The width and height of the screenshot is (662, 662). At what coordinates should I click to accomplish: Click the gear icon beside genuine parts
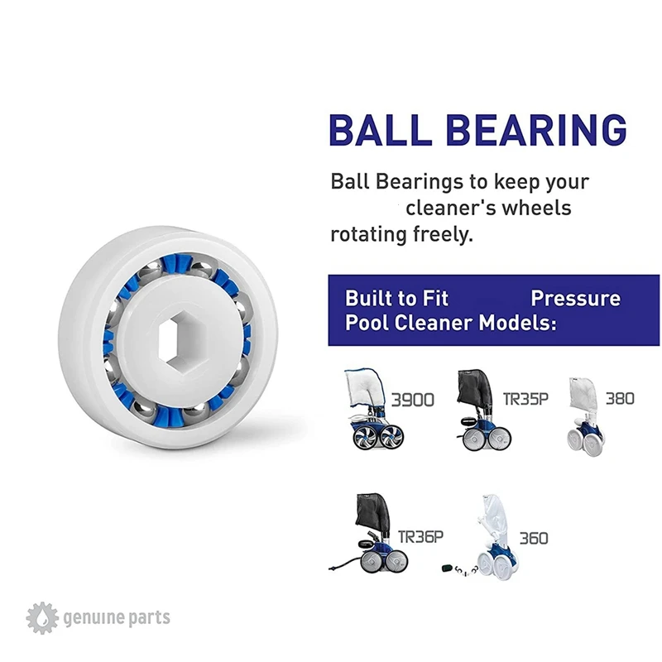41,617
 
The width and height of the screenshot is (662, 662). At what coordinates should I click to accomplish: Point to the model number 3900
411,401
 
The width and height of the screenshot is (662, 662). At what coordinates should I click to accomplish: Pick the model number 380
620,399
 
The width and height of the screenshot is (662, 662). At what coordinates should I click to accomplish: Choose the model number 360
534,538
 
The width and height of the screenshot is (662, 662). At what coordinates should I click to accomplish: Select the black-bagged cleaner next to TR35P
477,408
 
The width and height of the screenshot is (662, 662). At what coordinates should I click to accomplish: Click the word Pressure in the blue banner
575,298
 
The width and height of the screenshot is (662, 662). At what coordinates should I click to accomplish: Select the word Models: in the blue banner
518,322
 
